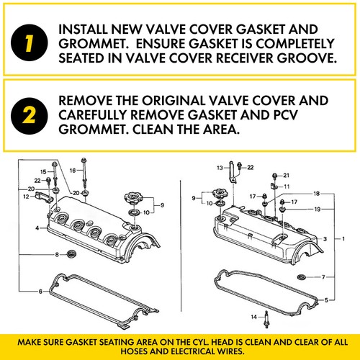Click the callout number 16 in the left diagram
click(x=72, y=170)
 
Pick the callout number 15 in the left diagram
click(x=42, y=171)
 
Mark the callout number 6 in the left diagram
click(x=40, y=291)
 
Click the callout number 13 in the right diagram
click(x=221, y=167)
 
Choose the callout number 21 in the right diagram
click(x=286, y=175)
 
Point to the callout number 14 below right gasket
click(x=255, y=317)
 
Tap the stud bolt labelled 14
click(x=266, y=317)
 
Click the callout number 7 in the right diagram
click(x=323, y=276)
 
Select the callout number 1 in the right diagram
click(x=343, y=238)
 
